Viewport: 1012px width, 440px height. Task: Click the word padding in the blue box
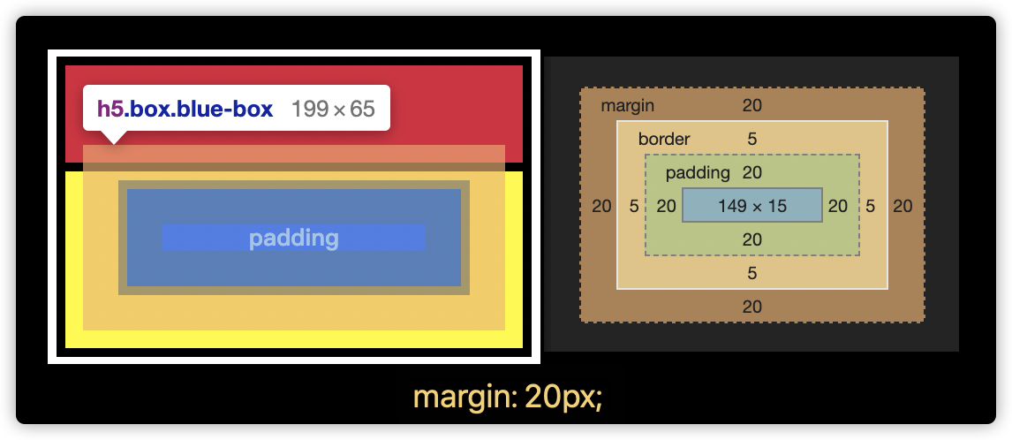293,238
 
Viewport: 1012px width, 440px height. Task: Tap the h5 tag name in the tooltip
110,109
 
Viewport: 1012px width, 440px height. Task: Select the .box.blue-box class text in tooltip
199,109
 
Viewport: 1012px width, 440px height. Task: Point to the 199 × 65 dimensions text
333,109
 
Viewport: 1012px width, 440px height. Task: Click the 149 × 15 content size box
752,205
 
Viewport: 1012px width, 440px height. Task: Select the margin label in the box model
627,106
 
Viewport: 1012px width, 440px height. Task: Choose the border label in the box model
664,139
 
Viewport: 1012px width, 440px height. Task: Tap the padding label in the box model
698,172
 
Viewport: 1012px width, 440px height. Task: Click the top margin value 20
752,106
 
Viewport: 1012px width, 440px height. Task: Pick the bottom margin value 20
752,307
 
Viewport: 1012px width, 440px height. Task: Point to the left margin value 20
601,206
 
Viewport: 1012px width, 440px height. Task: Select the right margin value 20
902,206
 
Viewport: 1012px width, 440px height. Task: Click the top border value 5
752,139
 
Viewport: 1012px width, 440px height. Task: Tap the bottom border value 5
752,273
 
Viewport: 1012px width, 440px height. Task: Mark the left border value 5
634,206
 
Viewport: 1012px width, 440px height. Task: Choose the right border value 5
871,206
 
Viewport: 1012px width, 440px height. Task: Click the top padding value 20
752,172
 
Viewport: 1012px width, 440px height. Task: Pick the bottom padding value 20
752,239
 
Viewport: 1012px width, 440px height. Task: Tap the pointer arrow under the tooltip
113,137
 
